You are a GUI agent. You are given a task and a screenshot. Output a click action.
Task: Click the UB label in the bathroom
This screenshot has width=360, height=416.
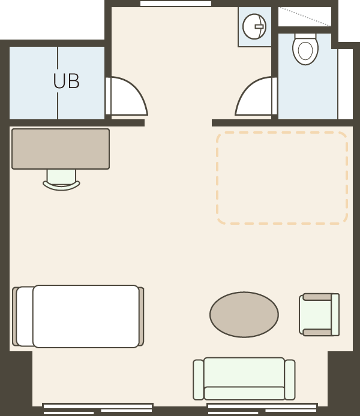coord(67,81)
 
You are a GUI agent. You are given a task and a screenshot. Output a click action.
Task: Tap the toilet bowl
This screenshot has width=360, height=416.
coord(305,49)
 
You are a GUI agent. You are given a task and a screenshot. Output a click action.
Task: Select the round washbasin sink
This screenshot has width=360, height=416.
coord(254,26)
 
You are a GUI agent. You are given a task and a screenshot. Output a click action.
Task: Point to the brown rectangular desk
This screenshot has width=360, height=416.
coord(61,149)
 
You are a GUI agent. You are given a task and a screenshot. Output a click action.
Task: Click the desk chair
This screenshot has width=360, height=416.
coord(61,180)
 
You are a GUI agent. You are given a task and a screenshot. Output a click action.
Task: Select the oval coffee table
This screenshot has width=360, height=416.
coord(244,315)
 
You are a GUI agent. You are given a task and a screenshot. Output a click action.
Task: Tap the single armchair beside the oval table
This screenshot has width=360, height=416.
coord(319,315)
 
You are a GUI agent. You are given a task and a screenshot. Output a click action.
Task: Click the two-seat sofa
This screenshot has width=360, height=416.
coord(244,379)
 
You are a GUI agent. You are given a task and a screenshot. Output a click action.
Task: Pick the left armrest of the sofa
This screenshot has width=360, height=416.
coord(199,379)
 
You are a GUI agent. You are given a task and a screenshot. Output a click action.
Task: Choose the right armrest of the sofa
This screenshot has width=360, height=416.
coord(290,379)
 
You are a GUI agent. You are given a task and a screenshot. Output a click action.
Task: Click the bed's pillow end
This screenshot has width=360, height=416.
coord(25,316)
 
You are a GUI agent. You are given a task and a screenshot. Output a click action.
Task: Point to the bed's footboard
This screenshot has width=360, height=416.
coord(142,316)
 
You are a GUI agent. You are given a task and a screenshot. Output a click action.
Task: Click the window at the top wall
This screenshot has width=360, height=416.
coord(176,4)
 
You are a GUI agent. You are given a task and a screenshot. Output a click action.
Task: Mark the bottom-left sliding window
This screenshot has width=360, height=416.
coord(98,409)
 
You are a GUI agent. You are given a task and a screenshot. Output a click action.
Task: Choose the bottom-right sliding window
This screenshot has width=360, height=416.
coord(262,409)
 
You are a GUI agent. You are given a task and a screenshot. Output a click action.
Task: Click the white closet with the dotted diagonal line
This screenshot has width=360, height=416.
coord(305,17)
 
